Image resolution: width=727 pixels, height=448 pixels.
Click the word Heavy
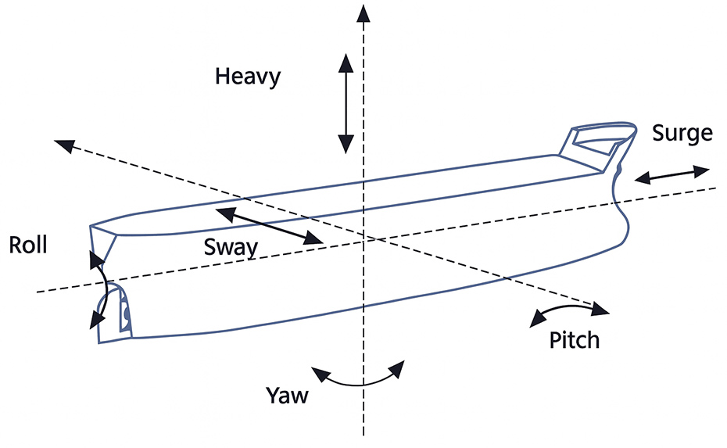click(248, 77)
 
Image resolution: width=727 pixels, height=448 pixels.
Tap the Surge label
click(682, 134)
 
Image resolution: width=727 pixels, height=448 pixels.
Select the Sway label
click(231, 247)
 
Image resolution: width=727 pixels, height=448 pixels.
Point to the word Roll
click(28, 245)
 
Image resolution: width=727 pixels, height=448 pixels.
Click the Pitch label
click(574, 340)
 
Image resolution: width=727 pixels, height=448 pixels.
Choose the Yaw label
click(287, 396)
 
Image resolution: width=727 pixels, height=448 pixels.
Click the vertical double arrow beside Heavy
click(346, 103)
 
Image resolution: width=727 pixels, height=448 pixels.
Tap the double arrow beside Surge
click(671, 174)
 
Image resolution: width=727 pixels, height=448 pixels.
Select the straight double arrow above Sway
click(269, 225)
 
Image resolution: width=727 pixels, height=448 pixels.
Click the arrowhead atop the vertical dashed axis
click(363, 13)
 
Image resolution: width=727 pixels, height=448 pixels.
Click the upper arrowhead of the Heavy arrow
click(346, 63)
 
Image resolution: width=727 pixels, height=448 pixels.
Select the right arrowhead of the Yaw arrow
click(397, 368)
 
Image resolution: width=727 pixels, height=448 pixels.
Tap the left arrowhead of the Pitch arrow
click(538, 319)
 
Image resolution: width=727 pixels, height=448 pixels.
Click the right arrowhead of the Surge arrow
click(701, 170)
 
